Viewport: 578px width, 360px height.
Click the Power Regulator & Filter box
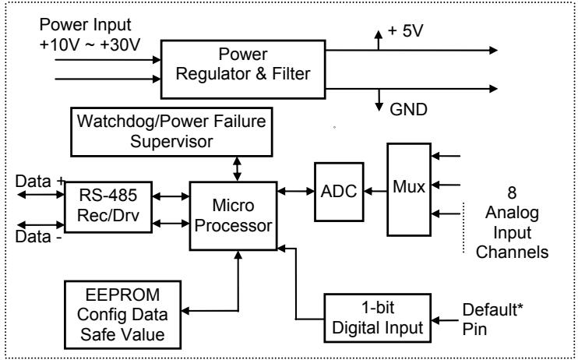tap(243, 69)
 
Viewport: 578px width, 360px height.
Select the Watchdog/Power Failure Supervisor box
tap(171, 132)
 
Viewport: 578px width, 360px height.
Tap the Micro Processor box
tap(234, 216)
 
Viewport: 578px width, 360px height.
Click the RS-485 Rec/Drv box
tap(108, 207)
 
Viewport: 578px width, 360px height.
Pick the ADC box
tap(339, 192)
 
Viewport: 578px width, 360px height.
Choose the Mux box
tap(409, 189)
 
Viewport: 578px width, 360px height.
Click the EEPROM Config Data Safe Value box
tap(122, 315)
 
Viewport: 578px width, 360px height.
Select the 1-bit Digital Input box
tap(378, 318)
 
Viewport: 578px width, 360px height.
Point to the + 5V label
tap(405, 31)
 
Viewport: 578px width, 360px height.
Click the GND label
tap(408, 110)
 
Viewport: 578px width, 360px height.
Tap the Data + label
tap(41, 182)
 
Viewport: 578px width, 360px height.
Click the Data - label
tap(38, 237)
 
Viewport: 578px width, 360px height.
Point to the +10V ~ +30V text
tap(90, 44)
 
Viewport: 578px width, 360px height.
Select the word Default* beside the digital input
tap(493, 310)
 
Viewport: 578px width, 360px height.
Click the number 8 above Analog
tap(512, 193)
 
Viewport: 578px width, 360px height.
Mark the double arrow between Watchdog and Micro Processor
tap(237, 169)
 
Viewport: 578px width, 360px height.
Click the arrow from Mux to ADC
tap(375, 192)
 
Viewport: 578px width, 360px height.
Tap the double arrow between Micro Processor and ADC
tap(296, 192)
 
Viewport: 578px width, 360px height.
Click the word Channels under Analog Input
tap(512, 252)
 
